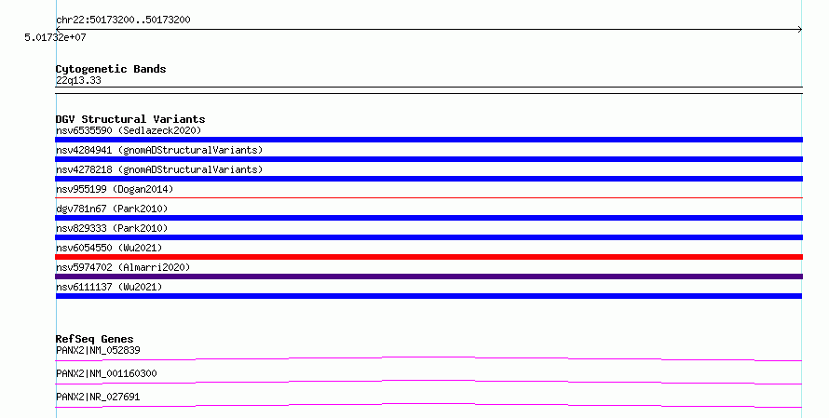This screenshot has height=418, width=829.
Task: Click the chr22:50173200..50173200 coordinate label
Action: (123, 20)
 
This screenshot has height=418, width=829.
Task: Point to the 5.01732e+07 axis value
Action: (55, 37)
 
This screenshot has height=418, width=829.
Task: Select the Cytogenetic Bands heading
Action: (111, 69)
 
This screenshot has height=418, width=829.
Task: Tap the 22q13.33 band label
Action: (78, 80)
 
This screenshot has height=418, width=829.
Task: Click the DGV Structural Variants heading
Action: (130, 119)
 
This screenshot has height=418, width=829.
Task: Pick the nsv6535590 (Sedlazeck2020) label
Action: (129, 130)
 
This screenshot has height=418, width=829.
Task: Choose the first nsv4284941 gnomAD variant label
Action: (159, 150)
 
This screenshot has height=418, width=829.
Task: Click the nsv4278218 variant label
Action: (159, 169)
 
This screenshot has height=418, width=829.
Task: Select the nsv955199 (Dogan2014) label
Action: (115, 189)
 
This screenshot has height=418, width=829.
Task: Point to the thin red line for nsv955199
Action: (428, 197)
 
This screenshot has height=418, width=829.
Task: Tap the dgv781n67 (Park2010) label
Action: (112, 209)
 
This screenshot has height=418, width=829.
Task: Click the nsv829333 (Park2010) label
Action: (112, 228)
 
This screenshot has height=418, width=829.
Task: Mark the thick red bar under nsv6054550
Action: (428, 257)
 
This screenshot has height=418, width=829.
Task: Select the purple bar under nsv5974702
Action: (428, 276)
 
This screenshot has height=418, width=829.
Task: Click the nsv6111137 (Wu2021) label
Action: (109, 287)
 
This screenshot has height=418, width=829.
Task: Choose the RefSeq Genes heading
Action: (95, 339)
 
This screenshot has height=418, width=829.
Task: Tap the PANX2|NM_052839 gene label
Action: (98, 350)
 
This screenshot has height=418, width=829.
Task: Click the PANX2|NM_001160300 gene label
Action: (106, 373)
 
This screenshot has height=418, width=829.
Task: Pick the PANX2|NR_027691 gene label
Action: (98, 397)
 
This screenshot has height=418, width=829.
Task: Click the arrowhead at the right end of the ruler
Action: (801, 30)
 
